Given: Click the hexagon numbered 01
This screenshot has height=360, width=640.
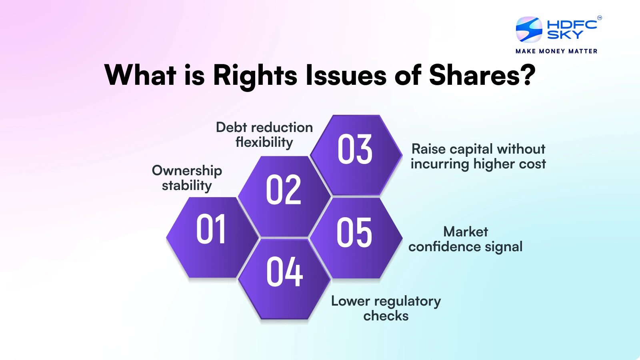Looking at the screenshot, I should tap(212, 237).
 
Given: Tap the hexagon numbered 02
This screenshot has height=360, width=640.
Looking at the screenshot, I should tap(284, 196).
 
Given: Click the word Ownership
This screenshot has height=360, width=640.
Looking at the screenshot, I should tap(187, 171).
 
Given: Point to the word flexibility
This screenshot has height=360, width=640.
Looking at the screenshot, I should tap(264, 142).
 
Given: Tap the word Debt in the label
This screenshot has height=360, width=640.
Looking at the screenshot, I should tap(231, 127).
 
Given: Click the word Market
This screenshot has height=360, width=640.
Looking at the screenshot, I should tap(466, 232).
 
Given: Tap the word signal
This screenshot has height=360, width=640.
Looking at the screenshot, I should tap(504, 247).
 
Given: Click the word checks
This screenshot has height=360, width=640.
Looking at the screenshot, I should tap(386, 316).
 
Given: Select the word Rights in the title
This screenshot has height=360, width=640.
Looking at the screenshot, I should tap(255, 75).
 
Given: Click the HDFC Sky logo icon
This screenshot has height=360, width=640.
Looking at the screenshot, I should tap(529, 29).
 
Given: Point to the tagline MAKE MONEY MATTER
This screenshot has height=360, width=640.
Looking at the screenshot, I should tap(556, 51).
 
